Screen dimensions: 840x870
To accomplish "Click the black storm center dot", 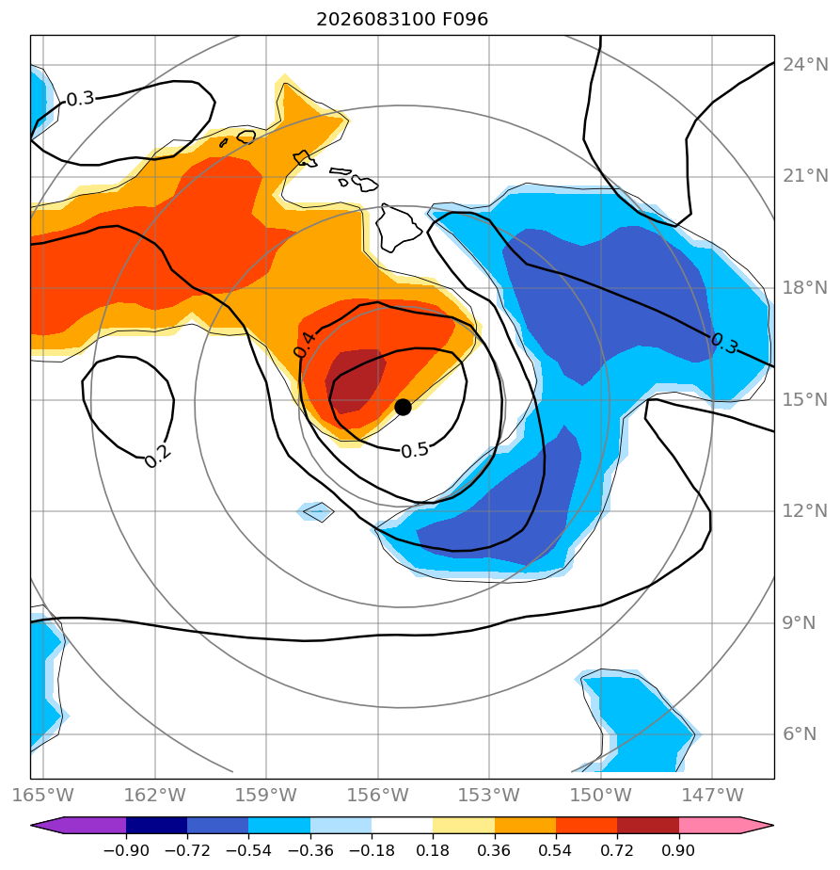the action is (x=403, y=407).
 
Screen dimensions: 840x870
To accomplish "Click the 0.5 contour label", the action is (x=415, y=450).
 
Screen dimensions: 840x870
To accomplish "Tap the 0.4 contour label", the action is (x=305, y=344).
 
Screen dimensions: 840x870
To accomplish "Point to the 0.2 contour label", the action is (x=157, y=457).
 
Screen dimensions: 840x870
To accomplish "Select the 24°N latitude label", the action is (x=805, y=65).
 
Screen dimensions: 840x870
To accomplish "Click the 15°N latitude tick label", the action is (x=805, y=399).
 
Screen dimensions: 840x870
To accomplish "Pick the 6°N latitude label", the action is (x=800, y=734).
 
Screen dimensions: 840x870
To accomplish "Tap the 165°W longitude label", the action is (x=42, y=795).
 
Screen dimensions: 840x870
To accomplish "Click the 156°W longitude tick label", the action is (x=377, y=795).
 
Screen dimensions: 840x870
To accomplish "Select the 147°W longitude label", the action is (x=712, y=795).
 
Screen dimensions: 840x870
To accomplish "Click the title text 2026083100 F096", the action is (x=402, y=20).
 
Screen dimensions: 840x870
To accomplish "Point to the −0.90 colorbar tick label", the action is (x=126, y=850).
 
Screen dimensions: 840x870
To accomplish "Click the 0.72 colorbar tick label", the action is (x=617, y=850).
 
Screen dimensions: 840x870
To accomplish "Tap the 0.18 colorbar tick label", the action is (x=433, y=850).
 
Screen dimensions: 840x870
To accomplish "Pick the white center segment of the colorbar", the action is (x=402, y=825).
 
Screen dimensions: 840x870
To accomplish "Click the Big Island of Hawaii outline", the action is (x=399, y=228).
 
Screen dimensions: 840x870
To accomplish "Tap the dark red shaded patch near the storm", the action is (x=356, y=381).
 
